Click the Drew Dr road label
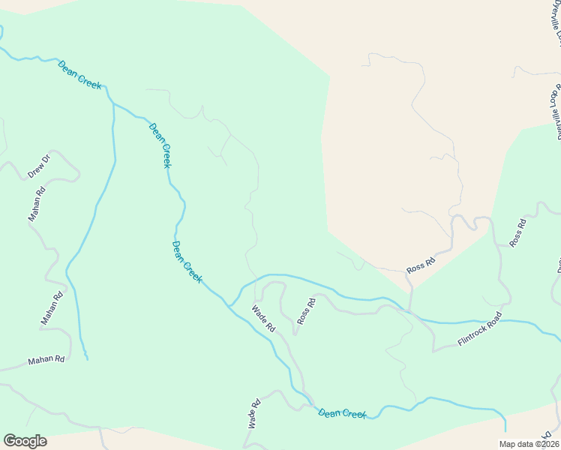pos(38,166)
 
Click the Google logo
pos(25,441)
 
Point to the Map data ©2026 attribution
pos(529,444)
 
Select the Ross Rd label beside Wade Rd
pos(306,310)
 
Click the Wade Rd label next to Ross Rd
pos(264,319)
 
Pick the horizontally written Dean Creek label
pos(342,413)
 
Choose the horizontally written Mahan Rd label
pos(46,361)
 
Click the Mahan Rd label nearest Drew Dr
pos(37,203)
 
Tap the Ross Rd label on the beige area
pos(421,265)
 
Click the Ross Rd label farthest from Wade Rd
pos(517,232)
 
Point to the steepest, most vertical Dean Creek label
pos(159,145)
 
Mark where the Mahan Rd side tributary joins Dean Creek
pos(113,103)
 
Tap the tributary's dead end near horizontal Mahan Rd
pos(86,359)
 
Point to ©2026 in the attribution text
pos(546,444)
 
